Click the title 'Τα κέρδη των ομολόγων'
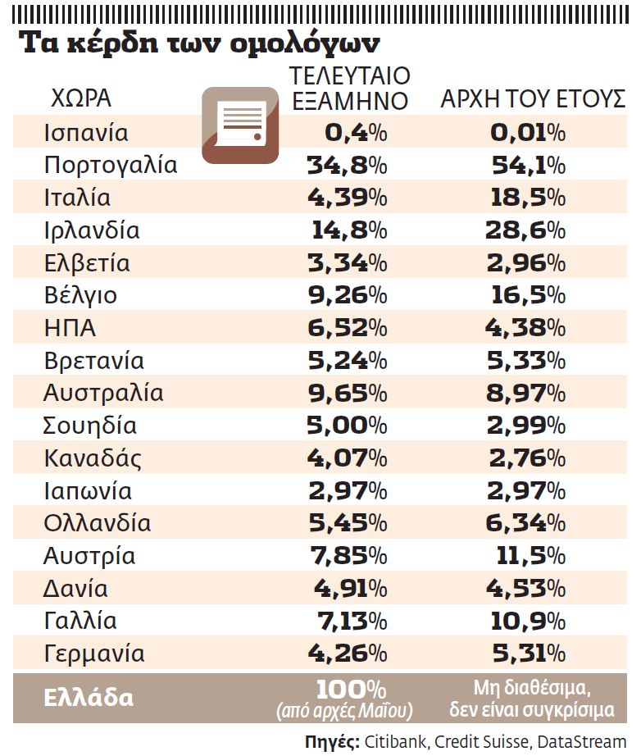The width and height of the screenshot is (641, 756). point(200,43)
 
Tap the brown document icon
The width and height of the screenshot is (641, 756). point(240,125)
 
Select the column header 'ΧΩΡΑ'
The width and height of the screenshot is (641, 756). point(81,98)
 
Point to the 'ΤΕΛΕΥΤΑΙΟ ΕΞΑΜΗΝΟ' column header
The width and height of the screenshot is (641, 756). point(350,89)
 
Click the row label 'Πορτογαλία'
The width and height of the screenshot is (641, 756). point(111,165)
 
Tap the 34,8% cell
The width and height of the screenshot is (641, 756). point(347,165)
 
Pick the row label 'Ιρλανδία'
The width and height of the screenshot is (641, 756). point(92,230)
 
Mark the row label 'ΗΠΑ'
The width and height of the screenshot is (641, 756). point(70,328)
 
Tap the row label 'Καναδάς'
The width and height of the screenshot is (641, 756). point(92,458)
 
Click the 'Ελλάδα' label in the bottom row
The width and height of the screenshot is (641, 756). point(89,698)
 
